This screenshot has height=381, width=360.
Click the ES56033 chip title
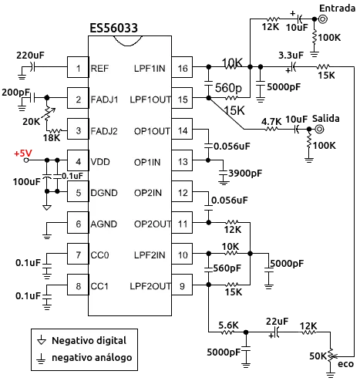pyautogui.click(x=113, y=28)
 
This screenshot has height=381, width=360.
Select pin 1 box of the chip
pyautogui.click(x=78, y=67)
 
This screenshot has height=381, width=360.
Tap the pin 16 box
pyautogui.click(x=182, y=67)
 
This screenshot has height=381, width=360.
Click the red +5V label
pyautogui.click(x=23, y=153)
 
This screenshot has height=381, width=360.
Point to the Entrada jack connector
pyautogui.click(x=323, y=19)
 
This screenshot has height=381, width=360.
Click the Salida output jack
pyautogui.click(x=319, y=129)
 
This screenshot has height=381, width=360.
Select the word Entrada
pyautogui.click(x=337, y=8)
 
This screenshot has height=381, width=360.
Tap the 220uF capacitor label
pyautogui.click(x=30, y=56)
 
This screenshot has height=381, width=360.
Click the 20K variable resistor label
pyautogui.click(x=31, y=121)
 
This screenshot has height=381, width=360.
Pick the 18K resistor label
pyautogui.click(x=52, y=138)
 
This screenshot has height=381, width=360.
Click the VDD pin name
pyautogui.click(x=100, y=162)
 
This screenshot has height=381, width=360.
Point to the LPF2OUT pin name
pyautogui.click(x=150, y=286)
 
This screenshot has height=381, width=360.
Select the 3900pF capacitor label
pyautogui.click(x=245, y=174)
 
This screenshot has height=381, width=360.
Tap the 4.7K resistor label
pyautogui.click(x=271, y=121)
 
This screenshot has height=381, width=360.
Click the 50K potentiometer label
pyautogui.click(x=318, y=356)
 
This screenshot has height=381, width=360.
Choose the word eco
pyautogui.click(x=345, y=364)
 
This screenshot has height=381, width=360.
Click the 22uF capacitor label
pyautogui.click(x=277, y=322)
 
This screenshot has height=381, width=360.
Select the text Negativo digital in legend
pyautogui.click(x=89, y=341)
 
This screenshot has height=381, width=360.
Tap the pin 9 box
pyautogui.click(x=182, y=285)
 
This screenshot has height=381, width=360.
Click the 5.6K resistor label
pyautogui.click(x=228, y=325)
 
